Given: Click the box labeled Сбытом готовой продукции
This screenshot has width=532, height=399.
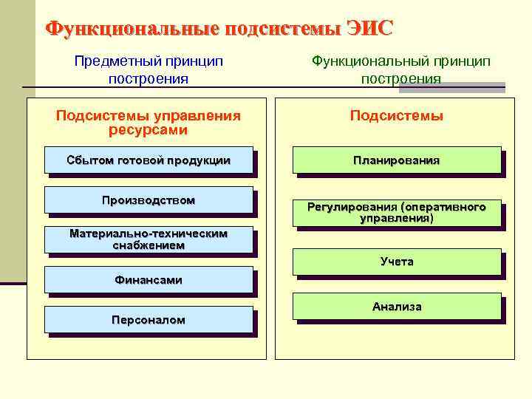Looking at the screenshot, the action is point(148,160).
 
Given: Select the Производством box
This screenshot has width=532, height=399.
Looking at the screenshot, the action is point(148,200).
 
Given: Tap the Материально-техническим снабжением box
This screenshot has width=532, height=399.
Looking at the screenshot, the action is point(148,239).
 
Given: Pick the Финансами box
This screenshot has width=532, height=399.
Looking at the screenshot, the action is point(148,280).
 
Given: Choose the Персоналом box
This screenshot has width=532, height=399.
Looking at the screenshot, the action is point(148,320).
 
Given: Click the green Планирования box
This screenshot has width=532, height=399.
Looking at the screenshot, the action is point(396,160).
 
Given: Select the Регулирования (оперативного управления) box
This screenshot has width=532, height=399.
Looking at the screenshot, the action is point(396,213).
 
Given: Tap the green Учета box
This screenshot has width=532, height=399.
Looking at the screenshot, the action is point(396,262).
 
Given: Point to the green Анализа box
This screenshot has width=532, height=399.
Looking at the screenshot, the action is point(396,306).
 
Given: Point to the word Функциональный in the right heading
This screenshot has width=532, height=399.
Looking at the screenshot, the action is point(364,61).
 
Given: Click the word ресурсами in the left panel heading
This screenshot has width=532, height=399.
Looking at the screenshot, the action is point(148,130).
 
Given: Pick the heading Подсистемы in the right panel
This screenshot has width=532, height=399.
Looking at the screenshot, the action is point(396,116).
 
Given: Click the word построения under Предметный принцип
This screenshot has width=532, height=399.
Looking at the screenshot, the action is point(148,78).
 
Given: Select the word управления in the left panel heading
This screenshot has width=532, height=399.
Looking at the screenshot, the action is point(197,116).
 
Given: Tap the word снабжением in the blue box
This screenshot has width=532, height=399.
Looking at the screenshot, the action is point(148,245).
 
